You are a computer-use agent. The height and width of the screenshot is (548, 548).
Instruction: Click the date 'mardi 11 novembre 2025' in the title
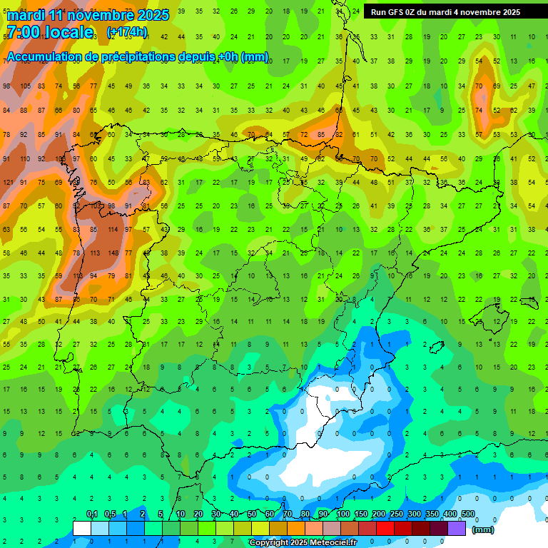(88, 15)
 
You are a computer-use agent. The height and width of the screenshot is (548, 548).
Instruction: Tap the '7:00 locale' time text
(50, 32)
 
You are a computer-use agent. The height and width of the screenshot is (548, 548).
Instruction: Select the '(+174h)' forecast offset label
(126, 32)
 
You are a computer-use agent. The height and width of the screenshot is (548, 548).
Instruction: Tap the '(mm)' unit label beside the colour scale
(483, 529)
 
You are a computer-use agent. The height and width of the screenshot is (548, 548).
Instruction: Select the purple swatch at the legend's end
(457, 528)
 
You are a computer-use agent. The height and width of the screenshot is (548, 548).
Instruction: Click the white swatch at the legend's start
(82, 528)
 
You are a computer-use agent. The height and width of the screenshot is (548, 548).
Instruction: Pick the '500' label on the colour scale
(468, 514)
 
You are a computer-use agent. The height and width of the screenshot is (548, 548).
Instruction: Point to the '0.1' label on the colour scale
(92, 514)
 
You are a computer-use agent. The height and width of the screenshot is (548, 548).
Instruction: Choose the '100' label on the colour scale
(343, 514)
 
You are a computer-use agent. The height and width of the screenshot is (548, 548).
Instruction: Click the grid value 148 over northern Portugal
(113, 253)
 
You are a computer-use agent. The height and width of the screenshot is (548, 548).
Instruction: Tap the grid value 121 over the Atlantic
(9, 182)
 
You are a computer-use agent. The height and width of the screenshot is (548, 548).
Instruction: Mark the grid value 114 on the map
(113, 229)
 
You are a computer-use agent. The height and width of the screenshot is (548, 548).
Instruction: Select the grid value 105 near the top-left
(26, 86)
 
